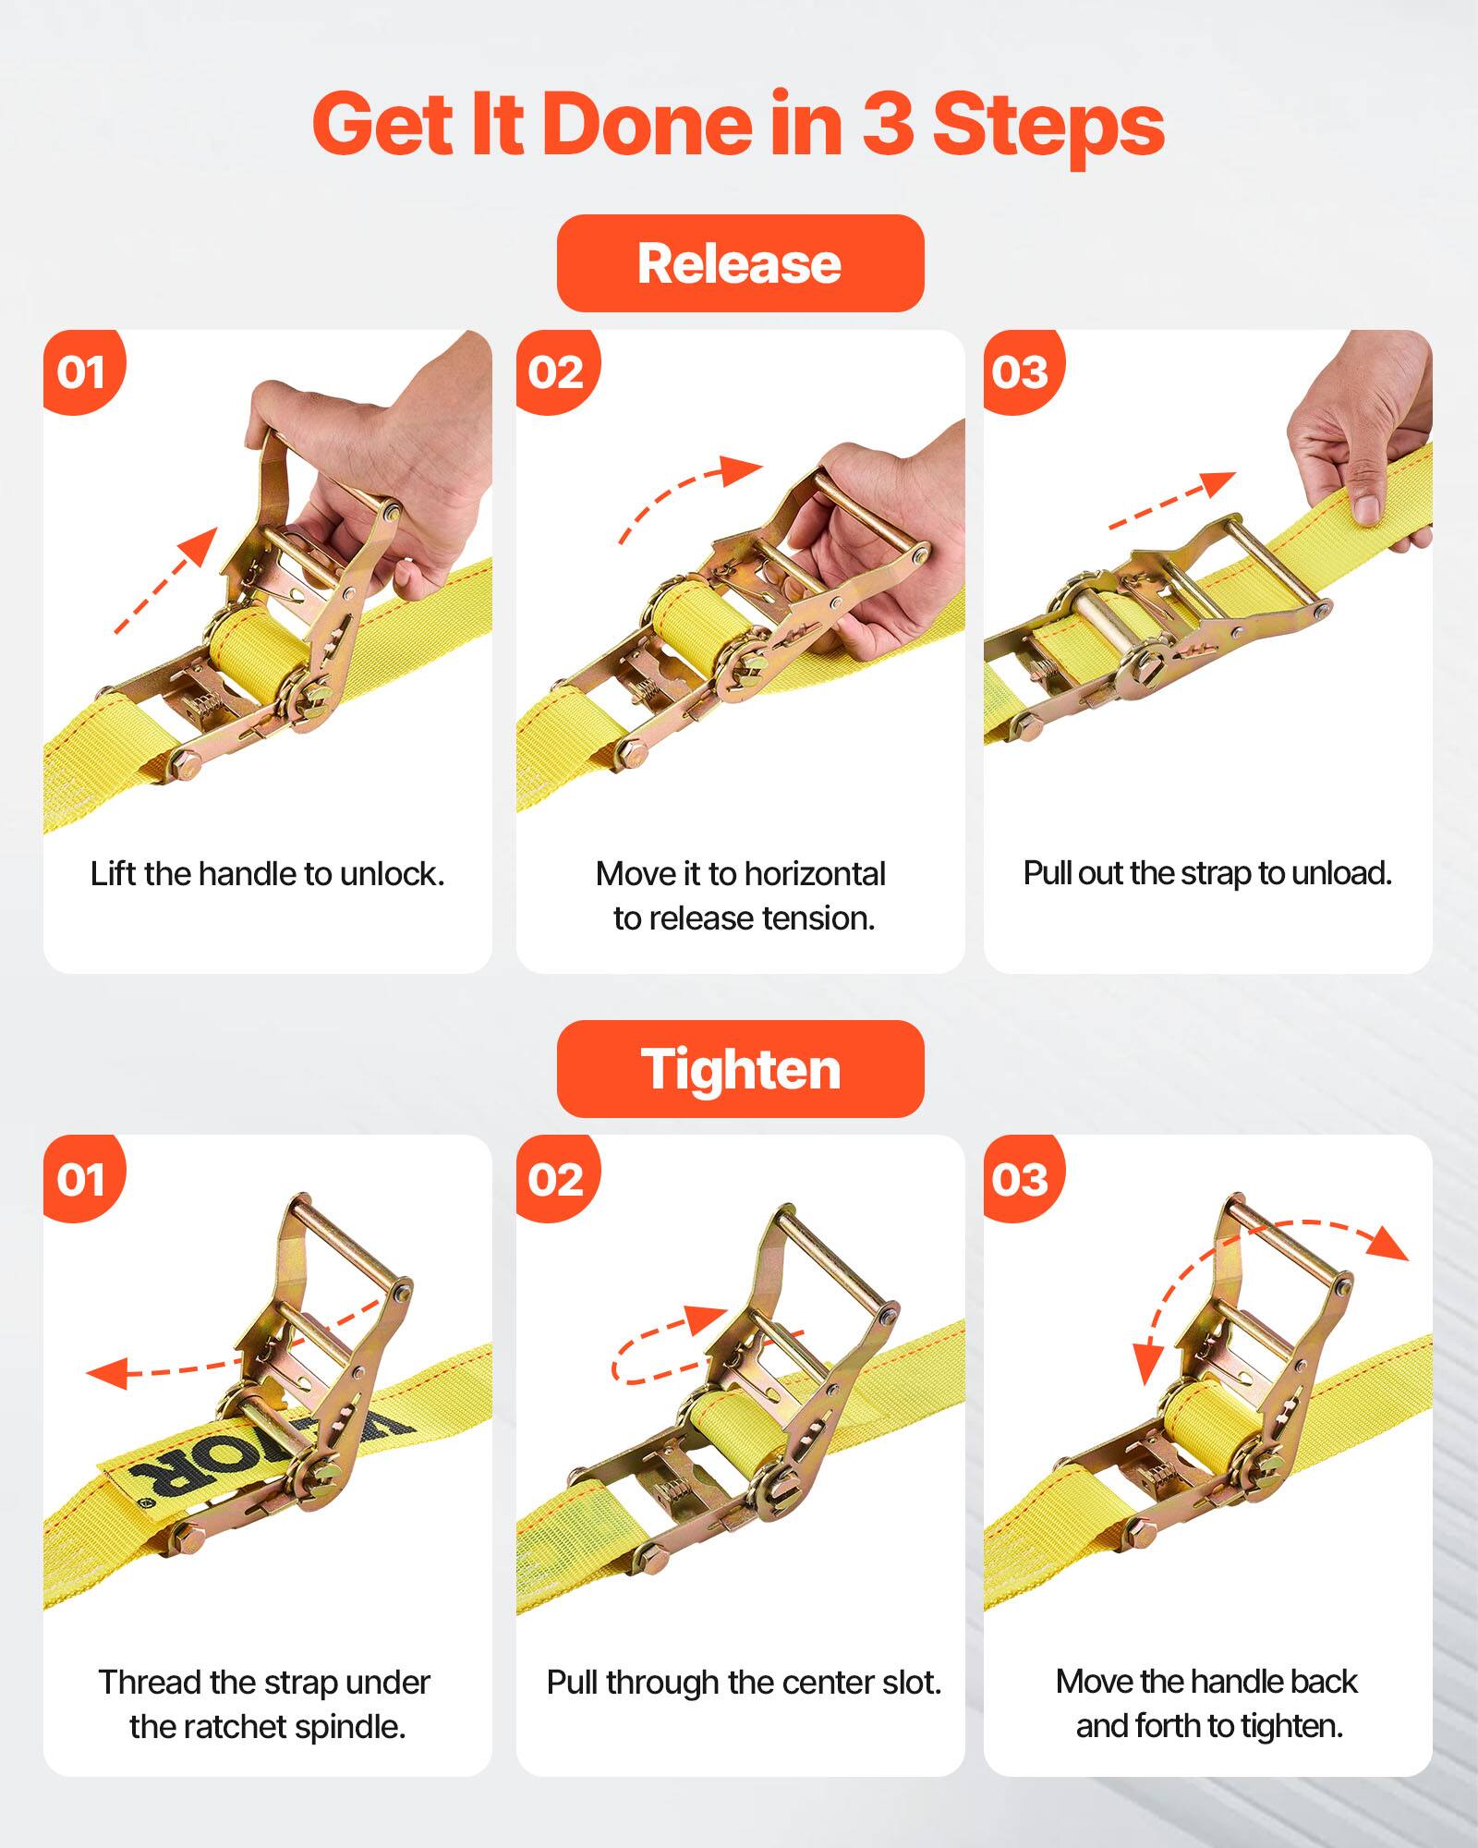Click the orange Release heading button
pyautogui.click(x=739, y=263)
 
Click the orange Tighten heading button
pyautogui.click(x=739, y=1069)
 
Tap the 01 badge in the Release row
pyautogui.click(x=81, y=371)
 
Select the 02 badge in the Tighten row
pyautogui.click(x=555, y=1179)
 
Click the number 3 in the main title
pyautogui.click(x=888, y=125)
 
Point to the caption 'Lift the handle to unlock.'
pyautogui.click(x=267, y=873)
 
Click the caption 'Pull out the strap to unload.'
pyautogui.click(x=1206, y=873)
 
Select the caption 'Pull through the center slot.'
pyautogui.click(x=744, y=1682)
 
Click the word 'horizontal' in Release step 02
pyautogui.click(x=815, y=873)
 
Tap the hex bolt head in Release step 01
pyautogui.click(x=186, y=765)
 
